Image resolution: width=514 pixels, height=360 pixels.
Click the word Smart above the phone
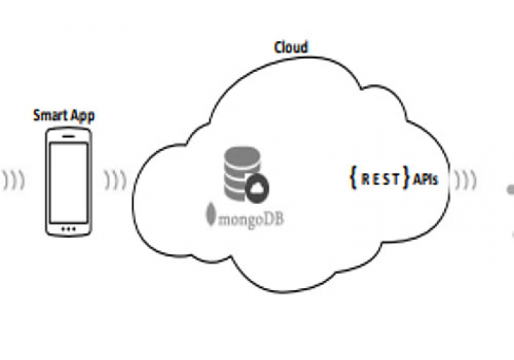tap(48, 114)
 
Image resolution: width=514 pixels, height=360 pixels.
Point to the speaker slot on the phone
tap(68, 135)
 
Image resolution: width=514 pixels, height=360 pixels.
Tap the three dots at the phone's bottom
tap(68, 229)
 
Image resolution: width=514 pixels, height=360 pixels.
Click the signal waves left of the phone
tap(12, 179)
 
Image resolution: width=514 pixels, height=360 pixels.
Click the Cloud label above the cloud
tap(291, 48)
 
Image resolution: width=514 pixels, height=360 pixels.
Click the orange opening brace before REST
tap(353, 179)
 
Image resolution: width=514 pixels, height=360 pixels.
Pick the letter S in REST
tap(385, 179)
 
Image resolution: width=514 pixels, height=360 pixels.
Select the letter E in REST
tap(374, 179)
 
